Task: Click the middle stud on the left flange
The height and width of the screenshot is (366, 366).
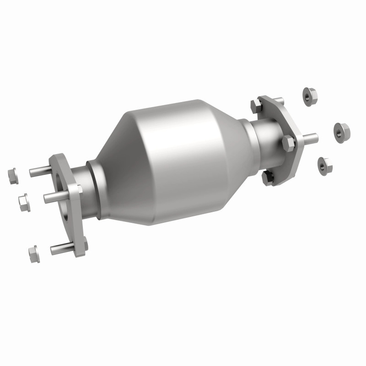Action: tap(54, 197)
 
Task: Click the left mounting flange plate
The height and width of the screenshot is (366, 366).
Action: tap(73, 220)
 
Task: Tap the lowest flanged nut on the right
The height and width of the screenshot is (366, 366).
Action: tap(324, 164)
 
